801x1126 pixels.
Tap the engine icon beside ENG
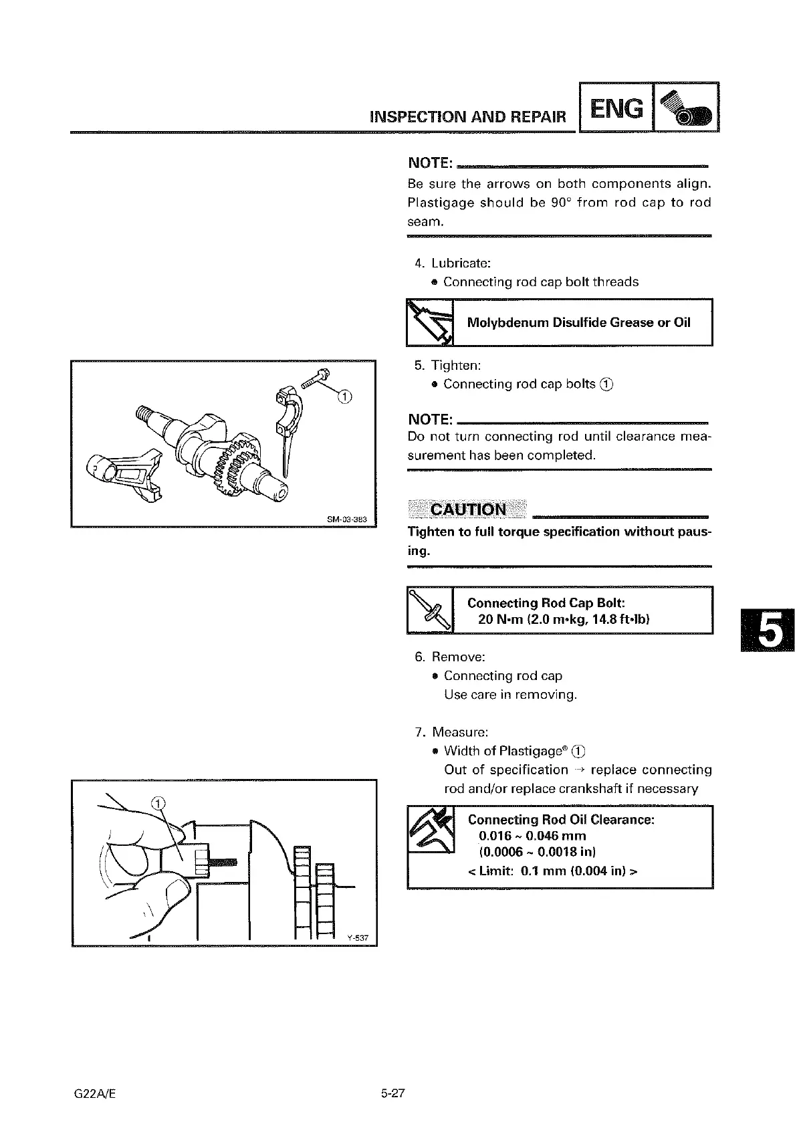685,108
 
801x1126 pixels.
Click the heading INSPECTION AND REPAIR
467,117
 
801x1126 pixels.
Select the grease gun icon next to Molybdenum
430,322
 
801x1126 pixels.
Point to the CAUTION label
468,510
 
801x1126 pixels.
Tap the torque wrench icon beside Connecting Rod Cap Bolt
430,610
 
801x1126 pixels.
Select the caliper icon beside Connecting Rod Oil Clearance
431,830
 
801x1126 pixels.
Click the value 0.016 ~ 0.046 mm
532,836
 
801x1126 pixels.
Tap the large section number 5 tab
768,631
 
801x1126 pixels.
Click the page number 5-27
394,1094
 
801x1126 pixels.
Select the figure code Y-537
358,937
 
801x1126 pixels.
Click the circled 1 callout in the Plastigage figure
158,803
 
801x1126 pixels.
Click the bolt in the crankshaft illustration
315,378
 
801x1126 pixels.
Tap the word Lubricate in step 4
461,263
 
